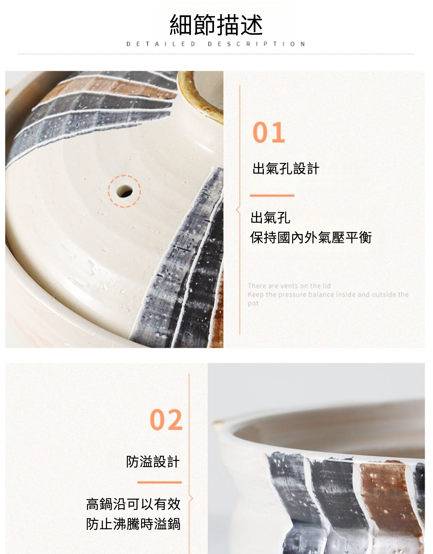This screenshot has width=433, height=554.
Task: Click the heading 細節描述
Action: tap(216, 25)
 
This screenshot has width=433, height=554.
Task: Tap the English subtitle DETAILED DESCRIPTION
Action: tap(216, 44)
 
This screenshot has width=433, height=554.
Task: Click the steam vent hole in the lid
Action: tap(124, 191)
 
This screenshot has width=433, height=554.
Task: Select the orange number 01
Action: tap(269, 132)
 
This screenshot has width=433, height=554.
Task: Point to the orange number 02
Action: tap(166, 420)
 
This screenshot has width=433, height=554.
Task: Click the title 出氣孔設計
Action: tap(286, 169)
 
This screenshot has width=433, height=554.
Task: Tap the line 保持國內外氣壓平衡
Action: tap(311, 237)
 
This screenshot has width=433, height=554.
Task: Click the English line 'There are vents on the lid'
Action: tap(289, 286)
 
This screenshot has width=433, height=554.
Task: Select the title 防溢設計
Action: tap(153, 461)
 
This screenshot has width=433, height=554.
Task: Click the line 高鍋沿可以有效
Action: tap(133, 504)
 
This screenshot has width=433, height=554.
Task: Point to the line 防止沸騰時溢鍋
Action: tap(133, 524)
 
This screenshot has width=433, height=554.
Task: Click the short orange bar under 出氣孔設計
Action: tap(272, 196)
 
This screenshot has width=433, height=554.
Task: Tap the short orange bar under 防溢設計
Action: tap(160, 482)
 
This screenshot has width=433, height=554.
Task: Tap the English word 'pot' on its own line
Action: tap(253, 304)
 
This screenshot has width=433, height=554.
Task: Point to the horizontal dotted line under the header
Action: tap(216, 54)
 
